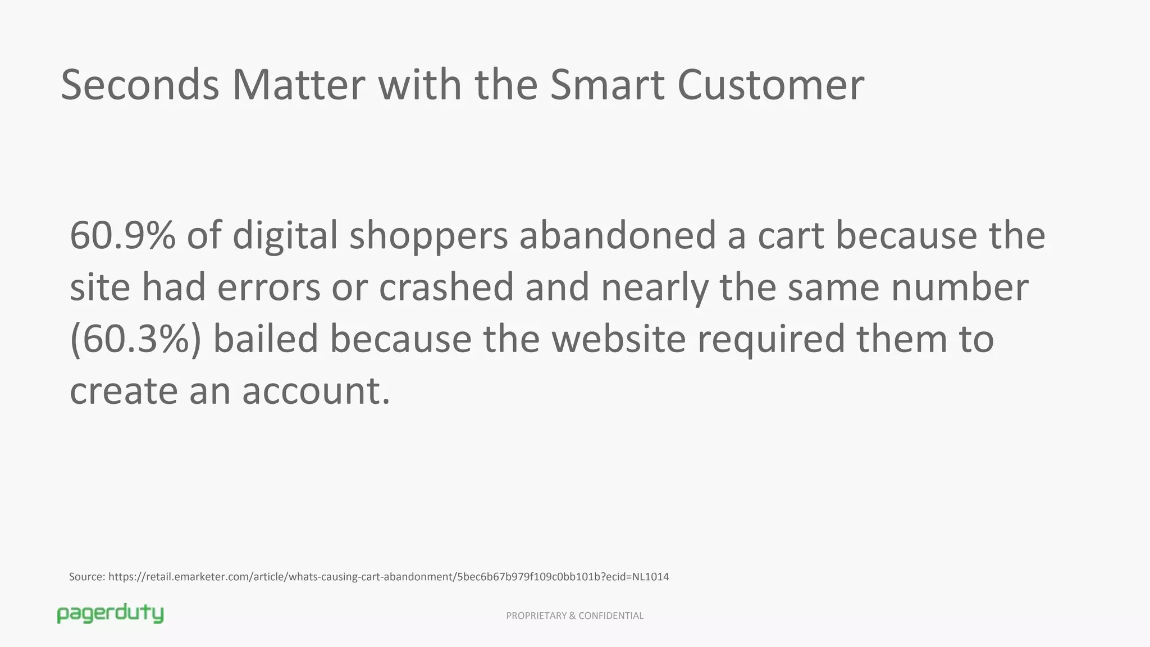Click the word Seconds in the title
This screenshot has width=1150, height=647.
tap(140, 85)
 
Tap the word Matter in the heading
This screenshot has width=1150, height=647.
tap(299, 85)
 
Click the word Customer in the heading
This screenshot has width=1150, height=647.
tap(770, 85)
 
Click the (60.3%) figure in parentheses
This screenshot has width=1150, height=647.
tap(135, 339)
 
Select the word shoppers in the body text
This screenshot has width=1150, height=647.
tap(428, 236)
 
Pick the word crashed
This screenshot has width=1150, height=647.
tap(446, 286)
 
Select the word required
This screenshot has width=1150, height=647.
tap(771, 340)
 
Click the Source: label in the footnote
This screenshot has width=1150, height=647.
tap(87, 577)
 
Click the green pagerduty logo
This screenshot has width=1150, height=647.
tap(110, 614)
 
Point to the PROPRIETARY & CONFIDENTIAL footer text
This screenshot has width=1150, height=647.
tap(574, 616)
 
